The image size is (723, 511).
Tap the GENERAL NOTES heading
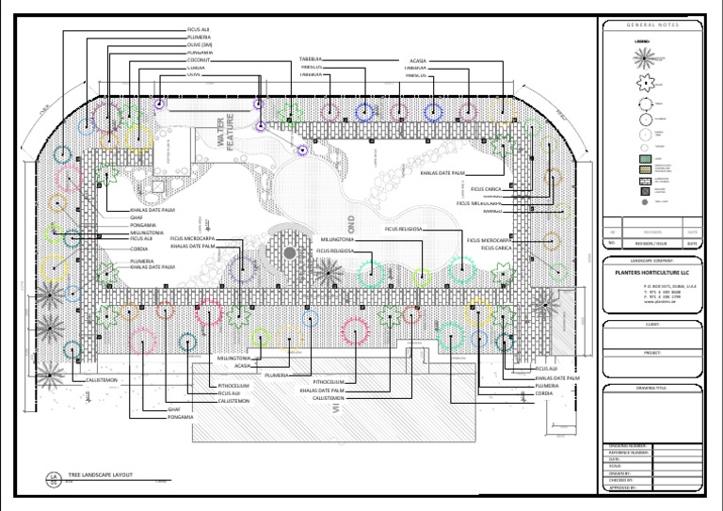click(651, 24)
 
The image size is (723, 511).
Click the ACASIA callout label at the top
click(419, 60)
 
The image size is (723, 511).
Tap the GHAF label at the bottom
click(173, 409)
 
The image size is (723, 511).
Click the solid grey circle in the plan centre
click(290, 252)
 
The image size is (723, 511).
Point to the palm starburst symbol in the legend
click(645, 56)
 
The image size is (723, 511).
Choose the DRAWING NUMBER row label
click(628, 445)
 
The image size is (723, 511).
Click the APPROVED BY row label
click(628, 487)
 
